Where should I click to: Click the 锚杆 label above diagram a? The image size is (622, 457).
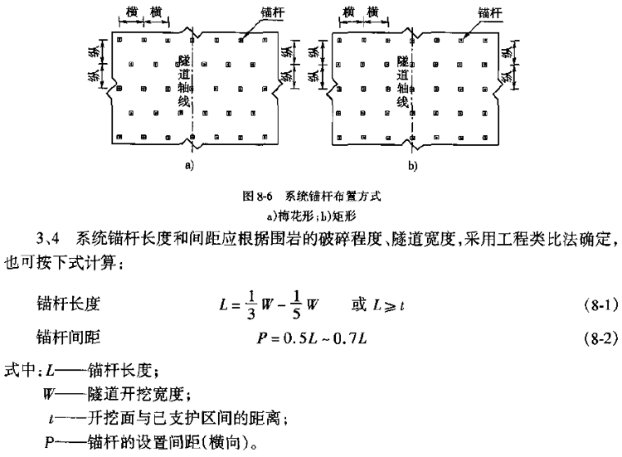pyautogui.click(x=273, y=12)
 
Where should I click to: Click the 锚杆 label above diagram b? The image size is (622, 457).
pyautogui.click(x=489, y=12)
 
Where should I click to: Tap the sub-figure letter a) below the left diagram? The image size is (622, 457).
pyautogui.click(x=189, y=165)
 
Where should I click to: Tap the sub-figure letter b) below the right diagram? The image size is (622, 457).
pyautogui.click(x=413, y=165)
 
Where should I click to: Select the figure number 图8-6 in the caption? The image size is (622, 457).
pyautogui.click(x=257, y=196)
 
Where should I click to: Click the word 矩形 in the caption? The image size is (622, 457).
pyautogui.click(x=344, y=216)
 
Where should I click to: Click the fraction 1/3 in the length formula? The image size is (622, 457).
pyautogui.click(x=251, y=304)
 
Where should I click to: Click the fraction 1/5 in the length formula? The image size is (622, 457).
pyautogui.click(x=296, y=304)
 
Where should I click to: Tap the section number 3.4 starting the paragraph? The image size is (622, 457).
pyautogui.click(x=47, y=238)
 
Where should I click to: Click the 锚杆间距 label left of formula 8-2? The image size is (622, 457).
pyautogui.click(x=68, y=338)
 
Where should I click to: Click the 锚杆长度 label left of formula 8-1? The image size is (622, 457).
pyautogui.click(x=68, y=304)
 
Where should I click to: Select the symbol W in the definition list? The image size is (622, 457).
pyautogui.click(x=49, y=394)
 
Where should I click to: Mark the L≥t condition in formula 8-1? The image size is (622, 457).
pyautogui.click(x=389, y=305)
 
